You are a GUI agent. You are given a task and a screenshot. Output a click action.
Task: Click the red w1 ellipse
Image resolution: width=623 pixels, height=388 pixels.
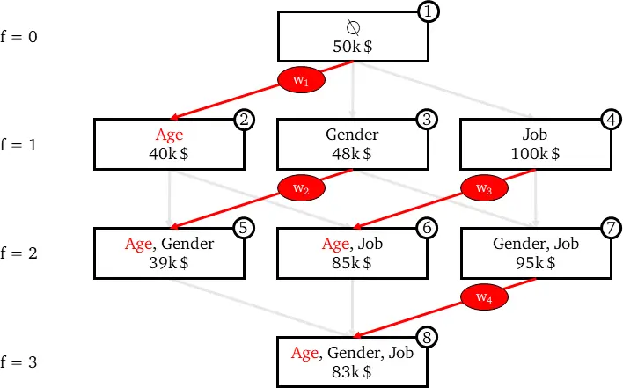[x=301, y=80]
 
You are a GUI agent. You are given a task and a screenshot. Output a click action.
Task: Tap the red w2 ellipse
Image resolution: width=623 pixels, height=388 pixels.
[x=301, y=188]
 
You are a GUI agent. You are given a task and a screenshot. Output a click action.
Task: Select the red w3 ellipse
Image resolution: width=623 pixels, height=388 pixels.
[x=484, y=188]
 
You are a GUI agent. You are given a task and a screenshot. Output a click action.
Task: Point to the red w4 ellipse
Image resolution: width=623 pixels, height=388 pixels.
[x=484, y=296]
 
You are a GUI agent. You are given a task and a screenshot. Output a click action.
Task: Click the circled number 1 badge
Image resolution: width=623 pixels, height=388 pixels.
[x=428, y=11]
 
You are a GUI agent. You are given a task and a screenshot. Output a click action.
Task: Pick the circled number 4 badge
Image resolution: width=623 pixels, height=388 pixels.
[x=612, y=120]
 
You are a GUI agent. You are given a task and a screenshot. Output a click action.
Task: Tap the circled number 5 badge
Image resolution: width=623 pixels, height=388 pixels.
[x=244, y=228]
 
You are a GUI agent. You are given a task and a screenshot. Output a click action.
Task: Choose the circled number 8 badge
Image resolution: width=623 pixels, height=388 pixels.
[x=427, y=338]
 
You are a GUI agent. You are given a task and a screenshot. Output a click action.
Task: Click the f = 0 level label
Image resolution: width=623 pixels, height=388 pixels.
[x=18, y=37]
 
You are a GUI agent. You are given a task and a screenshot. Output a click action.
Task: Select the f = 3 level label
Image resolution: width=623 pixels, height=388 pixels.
[x=18, y=362]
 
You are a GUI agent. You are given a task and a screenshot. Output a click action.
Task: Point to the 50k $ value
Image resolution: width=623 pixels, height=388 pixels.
[x=353, y=47]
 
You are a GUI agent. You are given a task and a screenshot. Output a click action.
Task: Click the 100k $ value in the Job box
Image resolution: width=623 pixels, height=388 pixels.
[x=535, y=154]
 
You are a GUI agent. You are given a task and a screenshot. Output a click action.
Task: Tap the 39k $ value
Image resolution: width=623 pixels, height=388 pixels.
[x=169, y=263]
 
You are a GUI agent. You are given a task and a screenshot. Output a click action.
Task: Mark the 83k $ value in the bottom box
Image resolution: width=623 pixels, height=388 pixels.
[x=352, y=372]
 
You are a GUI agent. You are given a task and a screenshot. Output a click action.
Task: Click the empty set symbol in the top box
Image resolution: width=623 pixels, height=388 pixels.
[x=353, y=27]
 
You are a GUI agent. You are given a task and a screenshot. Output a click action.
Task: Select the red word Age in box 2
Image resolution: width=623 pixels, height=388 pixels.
[x=169, y=135]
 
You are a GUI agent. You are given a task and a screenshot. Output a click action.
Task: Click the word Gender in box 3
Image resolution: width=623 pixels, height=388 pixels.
[x=352, y=135]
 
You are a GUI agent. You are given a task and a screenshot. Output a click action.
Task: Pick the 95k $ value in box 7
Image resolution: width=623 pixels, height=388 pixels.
[x=536, y=263]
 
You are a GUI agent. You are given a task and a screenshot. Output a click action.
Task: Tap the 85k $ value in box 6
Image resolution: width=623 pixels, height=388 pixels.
[x=352, y=263]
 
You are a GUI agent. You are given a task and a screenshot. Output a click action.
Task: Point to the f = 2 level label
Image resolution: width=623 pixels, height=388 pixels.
[x=18, y=253]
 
